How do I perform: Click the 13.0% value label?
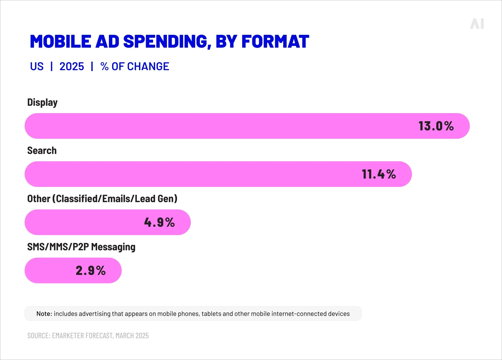(x=436, y=126)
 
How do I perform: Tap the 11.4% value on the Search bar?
(x=378, y=174)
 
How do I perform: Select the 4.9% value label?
(x=159, y=222)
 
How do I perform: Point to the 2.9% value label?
(x=91, y=270)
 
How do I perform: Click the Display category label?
(x=42, y=102)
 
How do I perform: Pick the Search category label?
(x=42, y=151)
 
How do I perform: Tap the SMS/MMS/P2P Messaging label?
(x=81, y=247)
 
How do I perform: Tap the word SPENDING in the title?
(x=167, y=42)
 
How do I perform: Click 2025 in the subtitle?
(x=71, y=67)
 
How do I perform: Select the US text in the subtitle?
(x=37, y=67)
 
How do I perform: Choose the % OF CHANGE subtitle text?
(x=135, y=67)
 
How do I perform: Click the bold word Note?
(x=44, y=314)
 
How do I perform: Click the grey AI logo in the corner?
(x=477, y=24)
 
